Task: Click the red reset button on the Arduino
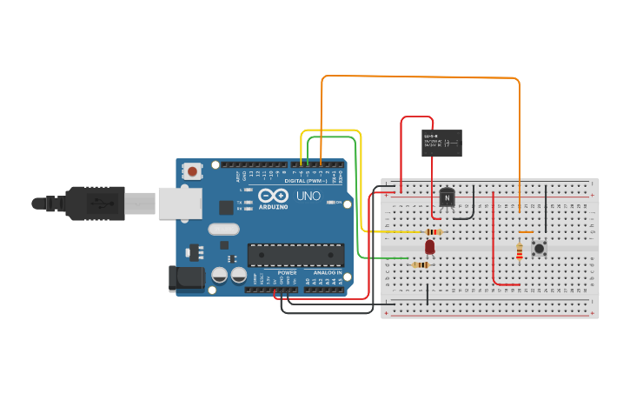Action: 192,171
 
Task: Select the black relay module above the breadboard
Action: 441,143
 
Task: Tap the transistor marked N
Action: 448,199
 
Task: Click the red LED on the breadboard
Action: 429,247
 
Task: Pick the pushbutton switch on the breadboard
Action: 540,249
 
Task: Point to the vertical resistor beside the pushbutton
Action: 520,251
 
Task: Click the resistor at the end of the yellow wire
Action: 432,232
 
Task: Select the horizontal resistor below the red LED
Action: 421,265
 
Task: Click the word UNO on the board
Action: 308,196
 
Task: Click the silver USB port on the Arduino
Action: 180,204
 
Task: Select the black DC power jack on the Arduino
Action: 185,278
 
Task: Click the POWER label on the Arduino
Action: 287,273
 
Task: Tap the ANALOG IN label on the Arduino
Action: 327,273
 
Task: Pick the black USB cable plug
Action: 96,204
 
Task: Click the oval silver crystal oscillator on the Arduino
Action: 223,230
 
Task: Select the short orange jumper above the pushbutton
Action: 525,232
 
